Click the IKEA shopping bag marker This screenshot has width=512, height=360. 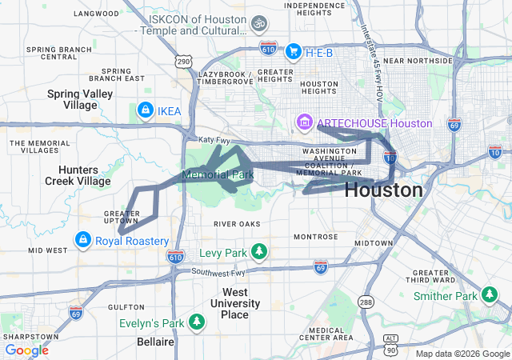pos(145,110)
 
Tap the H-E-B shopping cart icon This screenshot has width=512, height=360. pos(293,51)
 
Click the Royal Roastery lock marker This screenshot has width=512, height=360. pos(82,240)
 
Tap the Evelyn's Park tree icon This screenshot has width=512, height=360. pos(197,322)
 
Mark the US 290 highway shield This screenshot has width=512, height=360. pos(183,61)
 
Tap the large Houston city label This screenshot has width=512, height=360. pos(383,190)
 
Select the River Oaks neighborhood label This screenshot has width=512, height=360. pos(238,224)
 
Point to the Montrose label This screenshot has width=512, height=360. pos(316,237)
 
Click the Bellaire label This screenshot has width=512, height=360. pos(156,342)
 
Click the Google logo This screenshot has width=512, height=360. pos(26,350)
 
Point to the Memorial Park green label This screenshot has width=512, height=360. pos(218,174)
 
